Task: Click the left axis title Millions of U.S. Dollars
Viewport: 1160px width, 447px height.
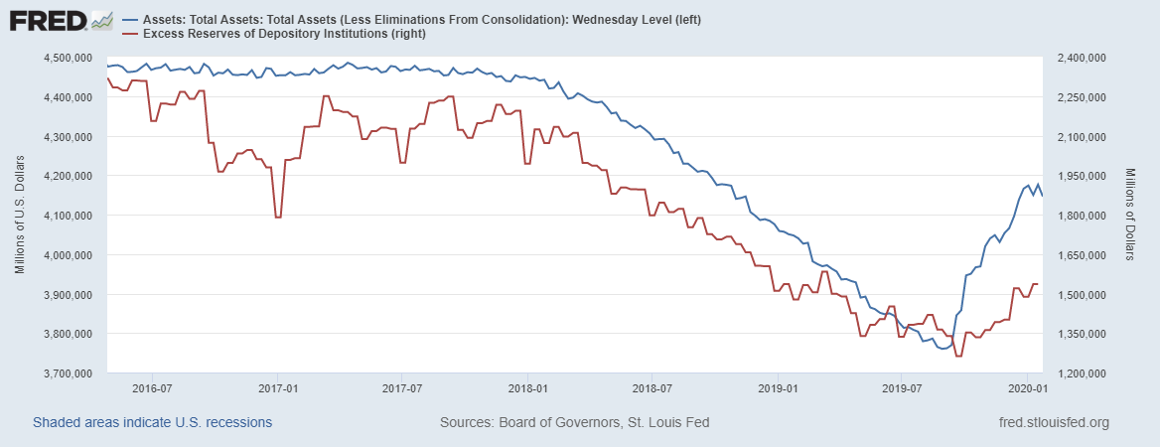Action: click(x=20, y=216)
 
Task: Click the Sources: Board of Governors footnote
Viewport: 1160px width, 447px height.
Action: click(x=574, y=423)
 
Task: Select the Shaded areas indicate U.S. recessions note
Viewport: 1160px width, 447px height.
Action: click(x=153, y=423)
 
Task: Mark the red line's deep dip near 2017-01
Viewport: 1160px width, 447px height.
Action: click(x=278, y=217)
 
